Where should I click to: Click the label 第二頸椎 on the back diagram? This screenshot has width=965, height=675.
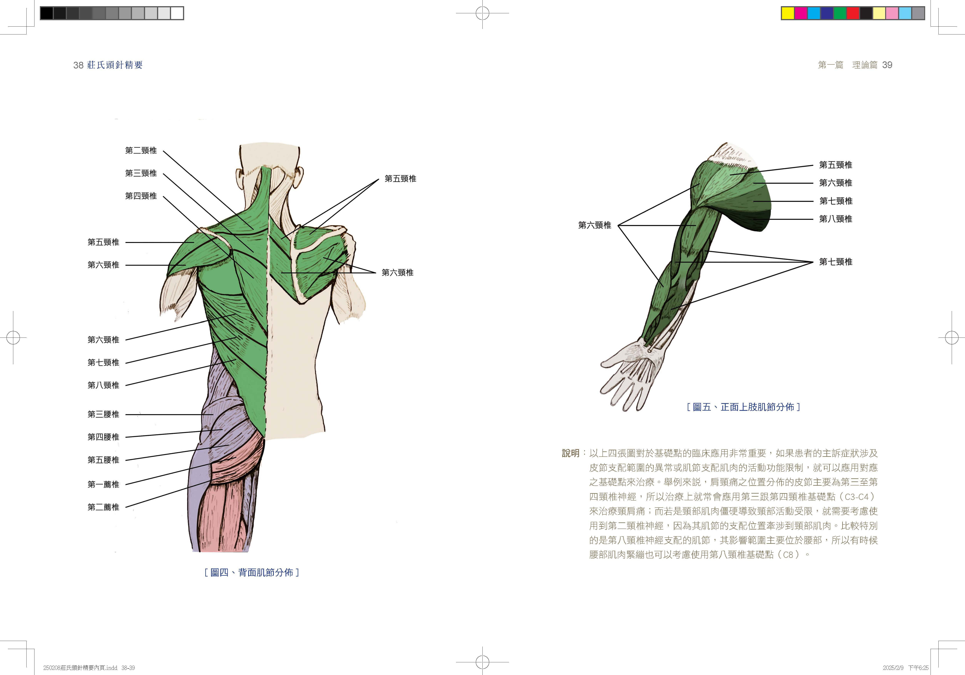tap(141, 150)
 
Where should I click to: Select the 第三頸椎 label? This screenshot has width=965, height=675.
tap(141, 173)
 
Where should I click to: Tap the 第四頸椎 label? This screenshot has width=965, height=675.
tap(141, 196)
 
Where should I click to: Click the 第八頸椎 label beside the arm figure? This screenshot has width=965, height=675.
tap(835, 219)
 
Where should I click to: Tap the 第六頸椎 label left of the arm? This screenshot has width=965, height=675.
tap(594, 225)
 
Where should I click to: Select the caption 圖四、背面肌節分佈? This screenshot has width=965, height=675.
tap(251, 572)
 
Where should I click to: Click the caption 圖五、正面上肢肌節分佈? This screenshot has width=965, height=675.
tap(743, 407)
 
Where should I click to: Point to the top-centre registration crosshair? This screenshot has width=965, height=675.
tap(483, 13)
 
